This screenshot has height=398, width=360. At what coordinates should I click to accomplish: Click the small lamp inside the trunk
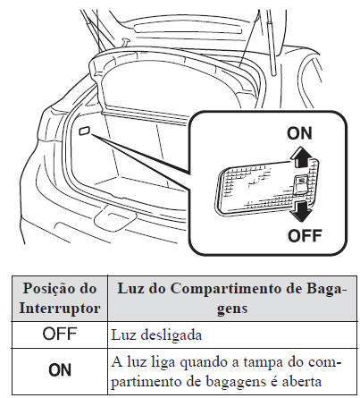(x=84, y=130)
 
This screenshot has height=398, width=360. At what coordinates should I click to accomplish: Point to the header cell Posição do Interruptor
(x=61, y=297)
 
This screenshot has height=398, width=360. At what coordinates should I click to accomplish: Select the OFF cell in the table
(x=61, y=334)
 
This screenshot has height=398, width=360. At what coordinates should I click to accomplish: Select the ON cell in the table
(x=61, y=368)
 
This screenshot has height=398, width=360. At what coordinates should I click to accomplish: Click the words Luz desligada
(x=156, y=335)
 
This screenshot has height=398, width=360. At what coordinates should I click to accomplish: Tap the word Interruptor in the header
(x=61, y=306)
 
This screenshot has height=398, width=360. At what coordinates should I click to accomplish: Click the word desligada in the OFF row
(x=171, y=335)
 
